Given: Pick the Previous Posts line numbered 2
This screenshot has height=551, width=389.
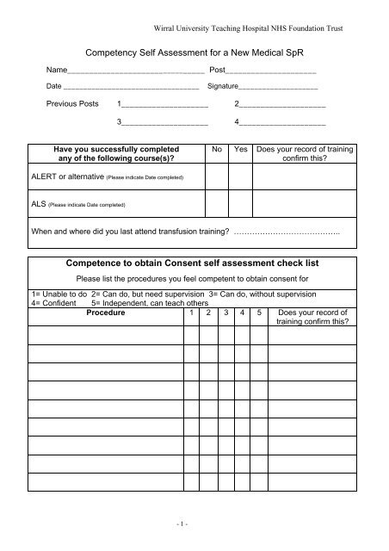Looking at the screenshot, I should (x=284, y=106).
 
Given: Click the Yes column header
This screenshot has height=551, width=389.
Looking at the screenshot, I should (x=241, y=148).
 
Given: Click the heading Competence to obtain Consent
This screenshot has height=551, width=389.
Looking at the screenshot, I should (x=193, y=262).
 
